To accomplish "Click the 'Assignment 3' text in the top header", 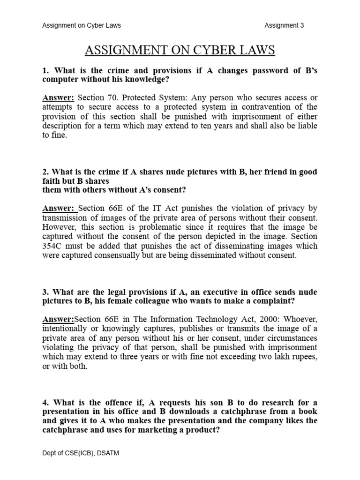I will click(x=284, y=25).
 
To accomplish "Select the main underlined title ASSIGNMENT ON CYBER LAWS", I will click(x=180, y=51).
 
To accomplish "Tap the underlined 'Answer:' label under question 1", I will click(x=59, y=97).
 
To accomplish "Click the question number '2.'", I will click(x=46, y=172).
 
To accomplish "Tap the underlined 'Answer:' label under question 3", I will click(x=58, y=319).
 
